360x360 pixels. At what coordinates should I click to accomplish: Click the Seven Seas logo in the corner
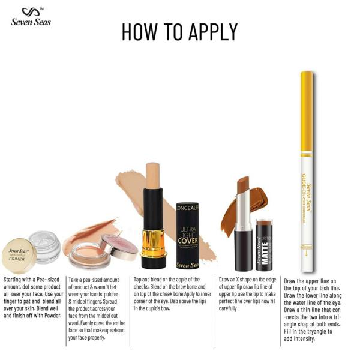(31, 17)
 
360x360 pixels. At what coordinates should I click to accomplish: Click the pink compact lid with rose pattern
(119, 247)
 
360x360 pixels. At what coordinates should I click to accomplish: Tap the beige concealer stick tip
(152, 174)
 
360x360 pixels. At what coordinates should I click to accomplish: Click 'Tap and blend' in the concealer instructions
(150, 280)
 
